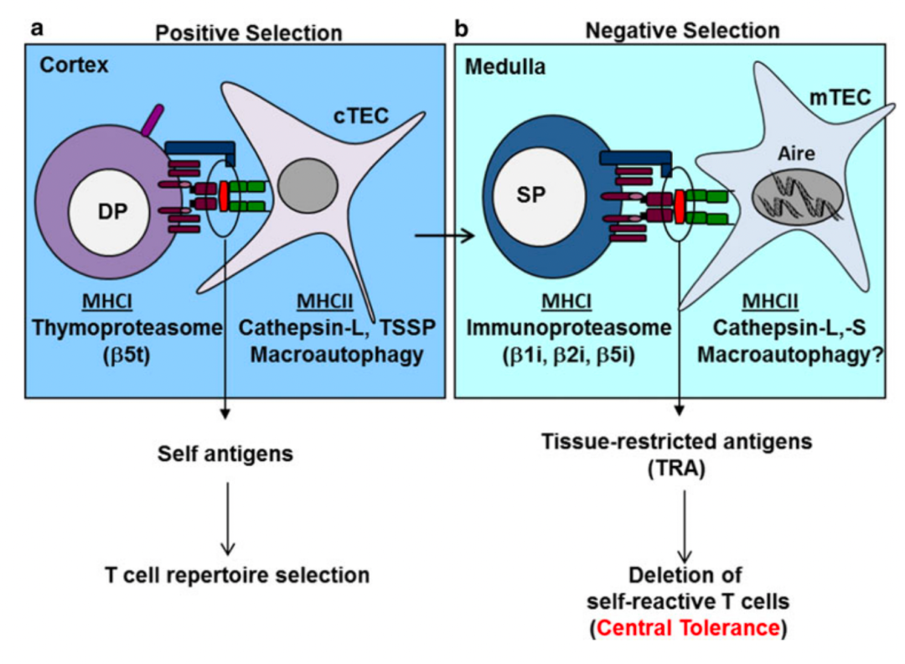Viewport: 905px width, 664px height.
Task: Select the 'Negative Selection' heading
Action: coord(682,31)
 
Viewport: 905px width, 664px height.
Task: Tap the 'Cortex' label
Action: coord(72,65)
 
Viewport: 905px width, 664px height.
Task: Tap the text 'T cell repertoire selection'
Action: coord(237,575)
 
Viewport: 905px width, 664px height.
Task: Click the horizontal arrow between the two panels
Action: coord(444,237)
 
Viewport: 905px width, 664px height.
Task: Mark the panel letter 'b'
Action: coord(461,29)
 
